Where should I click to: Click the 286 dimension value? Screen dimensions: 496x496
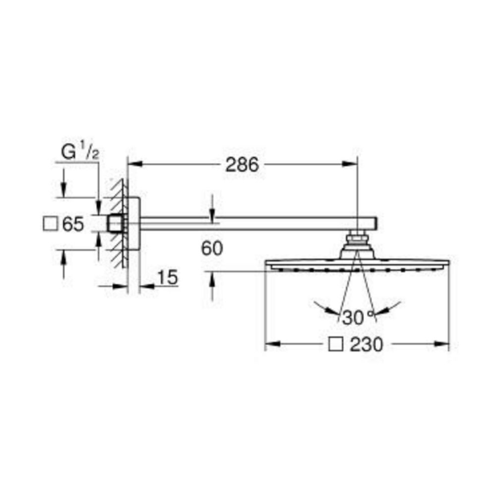(242, 165)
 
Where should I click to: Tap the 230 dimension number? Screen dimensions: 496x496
(367, 344)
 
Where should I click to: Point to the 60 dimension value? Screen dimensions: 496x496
(212, 248)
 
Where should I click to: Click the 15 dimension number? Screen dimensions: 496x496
(167, 277)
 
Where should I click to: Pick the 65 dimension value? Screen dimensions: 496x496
(73, 224)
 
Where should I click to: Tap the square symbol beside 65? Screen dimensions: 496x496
(50, 224)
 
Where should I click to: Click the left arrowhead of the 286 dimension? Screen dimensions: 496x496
(134, 164)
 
